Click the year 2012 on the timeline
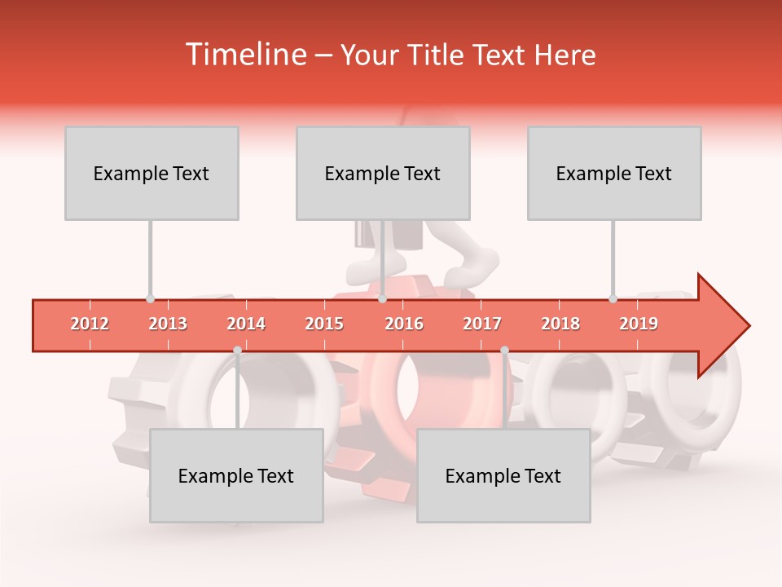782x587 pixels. click(x=90, y=324)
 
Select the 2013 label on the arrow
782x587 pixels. click(x=168, y=324)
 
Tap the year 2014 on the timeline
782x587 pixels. click(x=246, y=324)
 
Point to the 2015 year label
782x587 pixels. click(x=324, y=324)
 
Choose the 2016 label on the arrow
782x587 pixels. click(x=404, y=324)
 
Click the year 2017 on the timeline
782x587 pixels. click(x=482, y=324)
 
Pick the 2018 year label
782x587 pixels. click(x=560, y=324)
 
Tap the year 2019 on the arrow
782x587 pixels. click(x=639, y=324)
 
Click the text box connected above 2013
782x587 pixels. click(x=152, y=173)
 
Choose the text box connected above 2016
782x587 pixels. click(x=383, y=173)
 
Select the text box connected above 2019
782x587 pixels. click(x=614, y=173)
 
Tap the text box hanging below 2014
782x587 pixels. click(x=236, y=475)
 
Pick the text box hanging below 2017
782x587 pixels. click(x=503, y=475)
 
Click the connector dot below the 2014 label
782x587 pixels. click(x=237, y=350)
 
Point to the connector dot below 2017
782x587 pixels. click(x=504, y=350)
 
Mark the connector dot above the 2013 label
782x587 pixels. click(x=150, y=298)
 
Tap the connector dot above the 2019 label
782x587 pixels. click(x=613, y=298)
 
